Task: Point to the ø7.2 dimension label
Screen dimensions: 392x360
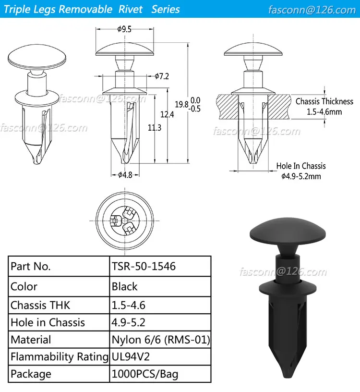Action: click(162, 76)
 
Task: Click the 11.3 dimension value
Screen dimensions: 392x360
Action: click(154, 127)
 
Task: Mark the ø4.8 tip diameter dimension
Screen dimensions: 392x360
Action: click(125, 175)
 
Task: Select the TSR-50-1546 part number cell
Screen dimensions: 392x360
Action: click(144, 266)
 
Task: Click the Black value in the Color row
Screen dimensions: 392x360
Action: click(125, 287)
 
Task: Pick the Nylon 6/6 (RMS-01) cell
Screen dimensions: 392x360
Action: click(161, 340)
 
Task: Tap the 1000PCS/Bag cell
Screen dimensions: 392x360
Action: click(145, 374)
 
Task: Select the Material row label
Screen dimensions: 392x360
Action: click(31, 340)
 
